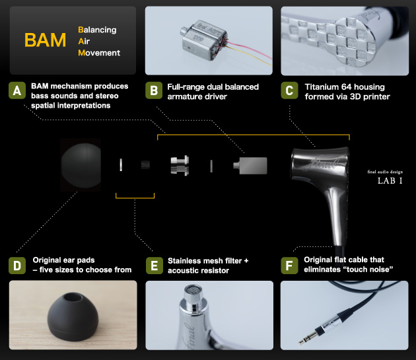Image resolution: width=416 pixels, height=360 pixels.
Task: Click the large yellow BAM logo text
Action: [x=45, y=40]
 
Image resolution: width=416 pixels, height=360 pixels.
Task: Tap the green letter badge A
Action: [x=17, y=90]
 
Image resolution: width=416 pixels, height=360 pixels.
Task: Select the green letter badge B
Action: [x=154, y=90]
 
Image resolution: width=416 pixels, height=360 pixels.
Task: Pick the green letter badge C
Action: [x=289, y=90]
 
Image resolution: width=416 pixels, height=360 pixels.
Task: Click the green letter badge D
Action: [x=17, y=266]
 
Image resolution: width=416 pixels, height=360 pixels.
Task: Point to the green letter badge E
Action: [x=155, y=266]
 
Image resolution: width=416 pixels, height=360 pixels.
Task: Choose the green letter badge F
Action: [x=289, y=266]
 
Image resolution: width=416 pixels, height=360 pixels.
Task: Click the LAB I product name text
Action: [x=390, y=181]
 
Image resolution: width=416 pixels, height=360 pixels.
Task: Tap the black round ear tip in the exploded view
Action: [x=81, y=165]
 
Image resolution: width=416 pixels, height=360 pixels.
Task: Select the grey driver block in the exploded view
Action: [x=250, y=166]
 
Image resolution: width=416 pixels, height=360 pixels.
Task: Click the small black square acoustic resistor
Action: [x=145, y=164]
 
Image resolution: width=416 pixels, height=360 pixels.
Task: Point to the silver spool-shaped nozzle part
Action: [x=180, y=165]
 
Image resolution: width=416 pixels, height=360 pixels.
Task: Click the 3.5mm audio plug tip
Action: [x=301, y=342]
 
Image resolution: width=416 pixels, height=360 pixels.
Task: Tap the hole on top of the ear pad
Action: [x=71, y=297]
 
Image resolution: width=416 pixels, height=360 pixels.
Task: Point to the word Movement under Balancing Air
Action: [x=99, y=53]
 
